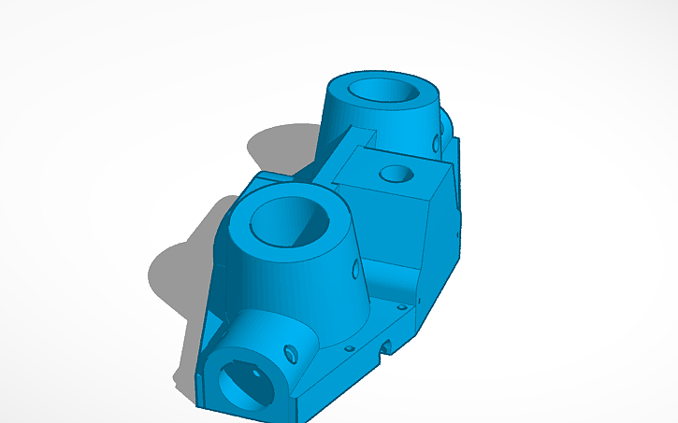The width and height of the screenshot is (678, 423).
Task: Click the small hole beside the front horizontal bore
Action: (x=290, y=353)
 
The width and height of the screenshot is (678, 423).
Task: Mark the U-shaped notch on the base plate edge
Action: (x=384, y=348)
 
